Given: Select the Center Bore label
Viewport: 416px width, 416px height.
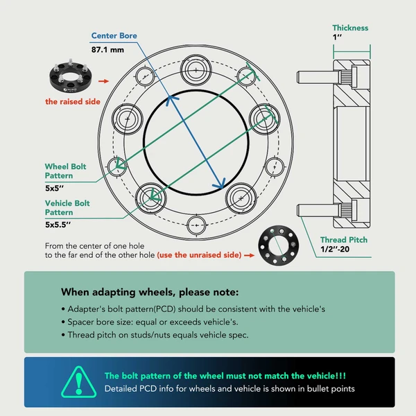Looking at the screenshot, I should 114,36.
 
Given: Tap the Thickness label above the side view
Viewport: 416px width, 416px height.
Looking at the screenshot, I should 350,28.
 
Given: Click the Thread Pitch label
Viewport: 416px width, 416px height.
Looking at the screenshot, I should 344,240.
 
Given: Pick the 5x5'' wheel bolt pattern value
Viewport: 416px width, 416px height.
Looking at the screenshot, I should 56,187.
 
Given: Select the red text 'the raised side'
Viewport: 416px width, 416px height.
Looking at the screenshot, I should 73,101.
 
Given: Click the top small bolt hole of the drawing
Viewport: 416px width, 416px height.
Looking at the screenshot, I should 197,71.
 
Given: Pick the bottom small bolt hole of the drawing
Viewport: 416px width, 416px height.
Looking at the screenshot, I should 197,225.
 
